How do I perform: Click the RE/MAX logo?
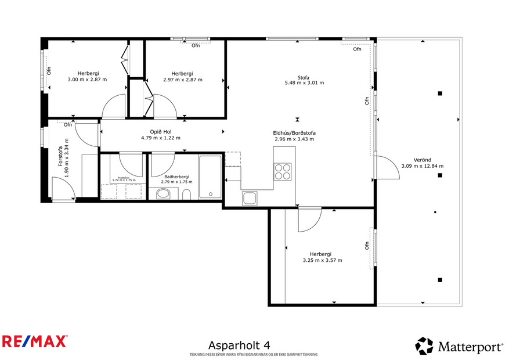pyautogui.click(x=35, y=341)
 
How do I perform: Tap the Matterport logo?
pyautogui.click(x=459, y=347)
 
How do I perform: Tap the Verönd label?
pyautogui.click(x=422, y=160)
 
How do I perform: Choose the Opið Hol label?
pyautogui.click(x=161, y=132)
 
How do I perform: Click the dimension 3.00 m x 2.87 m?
pyautogui.click(x=87, y=80)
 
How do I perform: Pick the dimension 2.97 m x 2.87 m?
pyautogui.click(x=183, y=80)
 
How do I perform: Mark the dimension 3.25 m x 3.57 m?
pyautogui.click(x=322, y=261)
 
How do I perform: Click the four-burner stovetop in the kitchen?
pyautogui.click(x=283, y=172)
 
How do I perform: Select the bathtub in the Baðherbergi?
pyautogui.click(x=210, y=177)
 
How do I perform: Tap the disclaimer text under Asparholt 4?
pyautogui.click(x=253, y=355)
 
